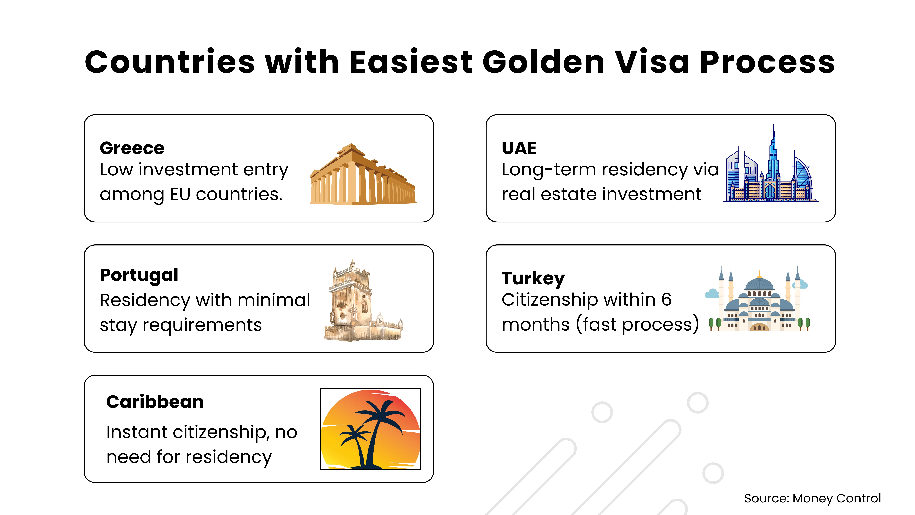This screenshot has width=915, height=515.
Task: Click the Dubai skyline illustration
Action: [x=771, y=163]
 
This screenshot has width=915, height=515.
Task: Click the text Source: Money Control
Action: [x=812, y=498]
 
